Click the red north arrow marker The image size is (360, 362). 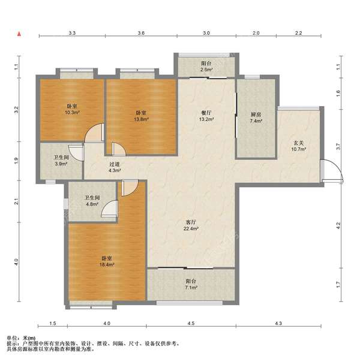19,34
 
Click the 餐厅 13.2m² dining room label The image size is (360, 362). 206,116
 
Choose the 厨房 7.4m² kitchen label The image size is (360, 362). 256,117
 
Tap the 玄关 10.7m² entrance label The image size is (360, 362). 299,146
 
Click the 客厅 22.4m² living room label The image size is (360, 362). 191,225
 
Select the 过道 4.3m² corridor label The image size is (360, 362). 115,167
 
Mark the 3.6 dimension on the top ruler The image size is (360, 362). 141,33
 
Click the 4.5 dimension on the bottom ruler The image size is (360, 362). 191,323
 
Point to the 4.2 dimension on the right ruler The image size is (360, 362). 338,225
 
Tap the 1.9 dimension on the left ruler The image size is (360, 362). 16,161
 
